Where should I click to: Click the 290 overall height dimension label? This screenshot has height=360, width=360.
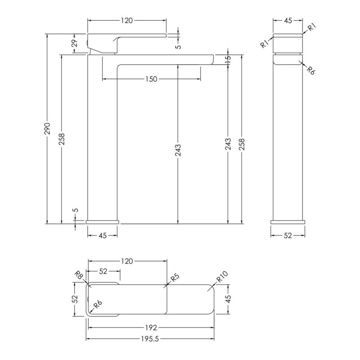(x=47, y=128)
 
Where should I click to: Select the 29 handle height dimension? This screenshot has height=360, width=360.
(x=75, y=43)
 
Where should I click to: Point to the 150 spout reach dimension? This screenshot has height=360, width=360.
(x=151, y=79)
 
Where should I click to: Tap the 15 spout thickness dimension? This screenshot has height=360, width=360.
(x=228, y=60)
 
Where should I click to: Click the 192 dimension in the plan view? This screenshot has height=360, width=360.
(x=151, y=328)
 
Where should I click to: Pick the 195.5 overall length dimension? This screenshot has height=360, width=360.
(x=150, y=339)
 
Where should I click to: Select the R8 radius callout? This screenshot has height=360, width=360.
(x=79, y=274)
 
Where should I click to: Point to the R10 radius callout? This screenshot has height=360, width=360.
(x=222, y=276)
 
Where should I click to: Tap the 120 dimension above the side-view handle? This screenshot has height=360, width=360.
(x=127, y=21)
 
